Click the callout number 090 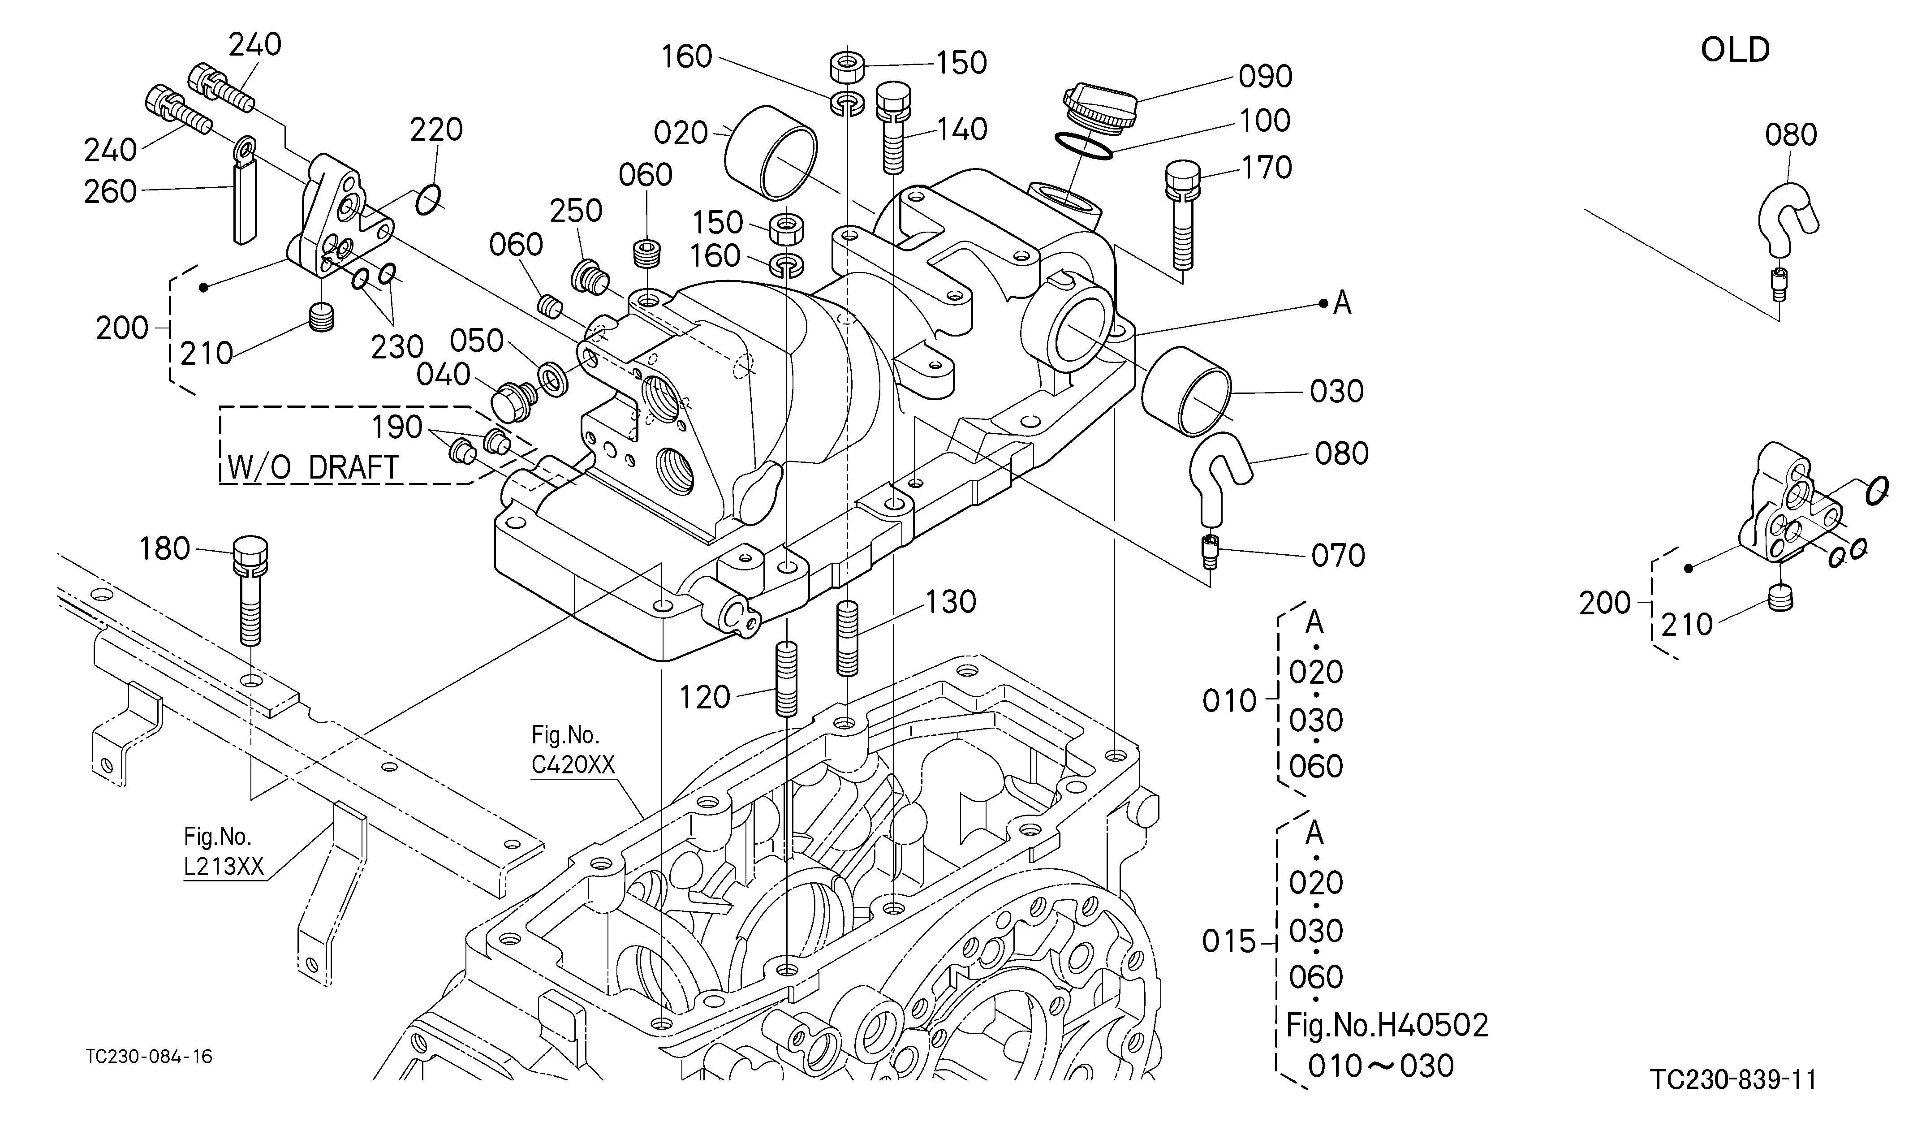pyautogui.click(x=1266, y=77)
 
